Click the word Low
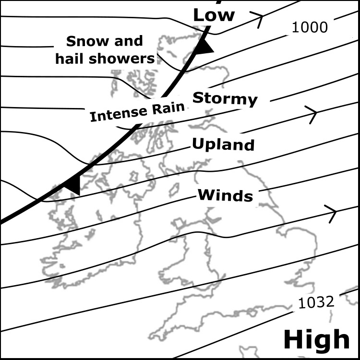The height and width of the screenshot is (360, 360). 214,15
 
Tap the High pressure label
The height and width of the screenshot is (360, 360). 316,339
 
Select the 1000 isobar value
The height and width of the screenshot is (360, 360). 310,27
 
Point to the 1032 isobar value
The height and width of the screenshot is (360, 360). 316,302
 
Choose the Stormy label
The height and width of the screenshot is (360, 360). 225,99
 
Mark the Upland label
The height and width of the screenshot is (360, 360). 223,144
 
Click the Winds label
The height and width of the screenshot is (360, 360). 225,195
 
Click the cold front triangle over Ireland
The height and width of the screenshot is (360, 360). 72,185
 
